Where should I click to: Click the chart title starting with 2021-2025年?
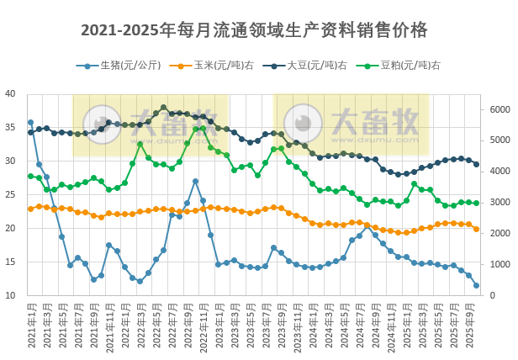point(254,30)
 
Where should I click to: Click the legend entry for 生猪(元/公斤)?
point(118,65)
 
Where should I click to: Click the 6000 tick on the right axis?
point(499,109)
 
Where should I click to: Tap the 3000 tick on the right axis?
point(499,203)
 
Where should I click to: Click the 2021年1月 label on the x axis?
point(31,326)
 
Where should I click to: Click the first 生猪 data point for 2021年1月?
point(31,123)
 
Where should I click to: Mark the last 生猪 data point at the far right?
point(477,286)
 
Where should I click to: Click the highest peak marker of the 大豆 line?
point(164,108)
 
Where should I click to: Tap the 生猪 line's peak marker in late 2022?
point(195,181)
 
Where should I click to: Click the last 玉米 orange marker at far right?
point(477,229)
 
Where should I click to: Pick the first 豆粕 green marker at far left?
point(31,176)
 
